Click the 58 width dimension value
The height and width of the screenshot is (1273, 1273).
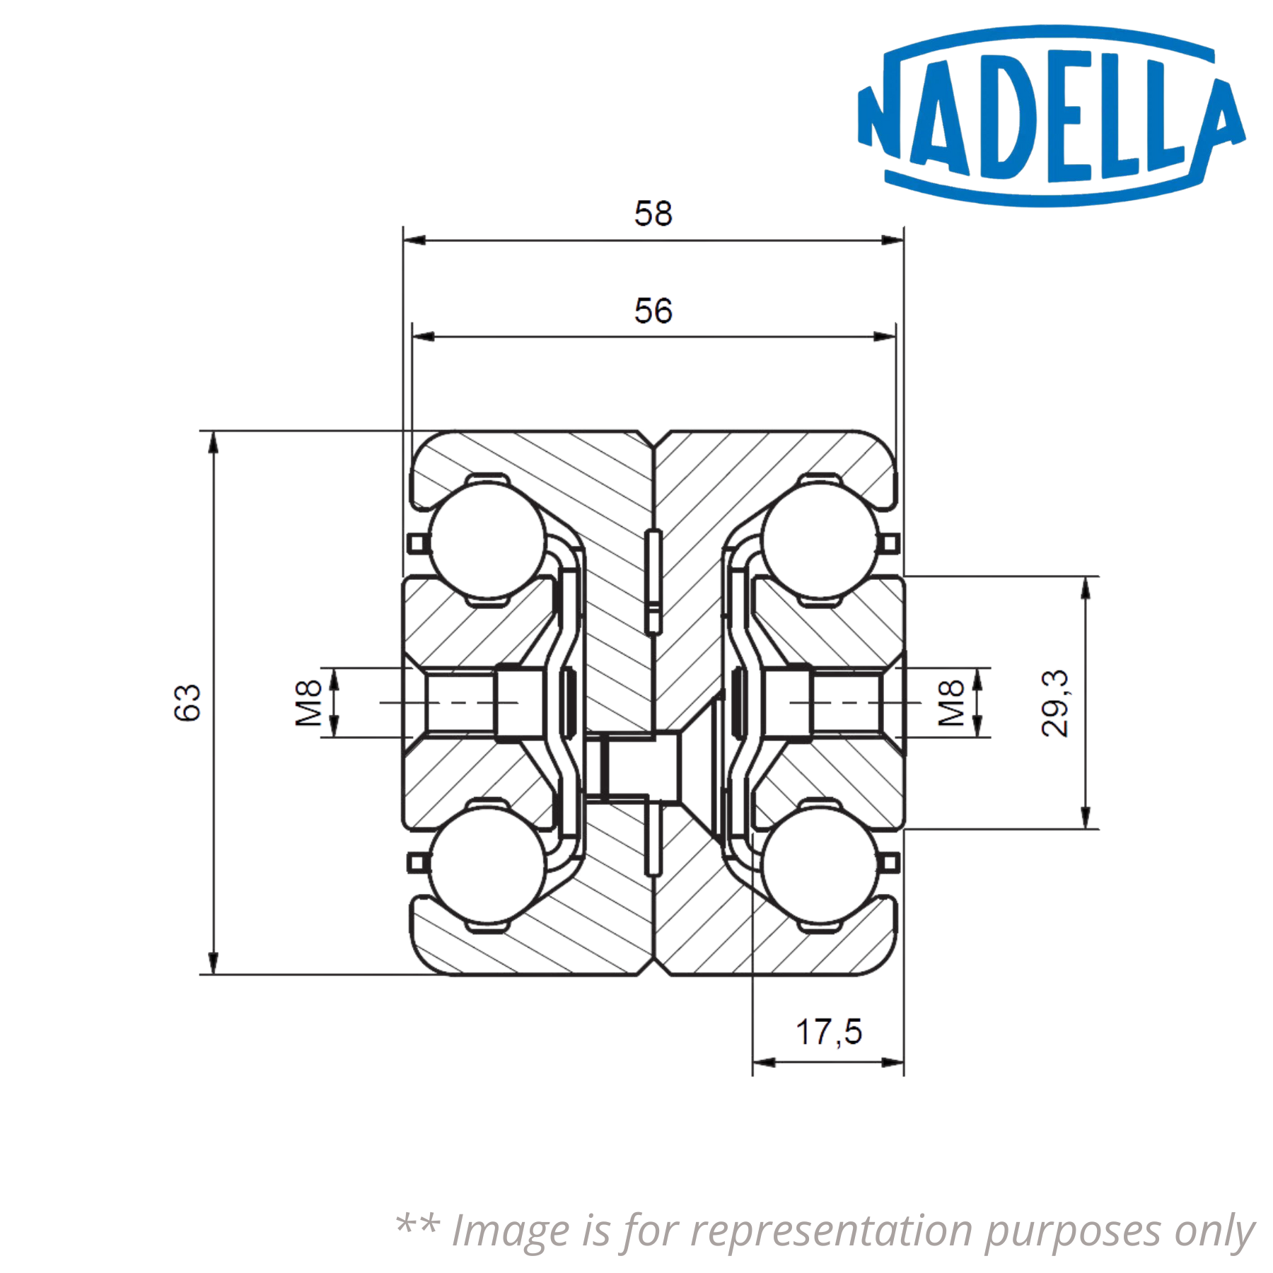tap(653, 214)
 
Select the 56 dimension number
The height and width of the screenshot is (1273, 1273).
tap(653, 311)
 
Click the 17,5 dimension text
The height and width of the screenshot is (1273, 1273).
tap(831, 1033)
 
